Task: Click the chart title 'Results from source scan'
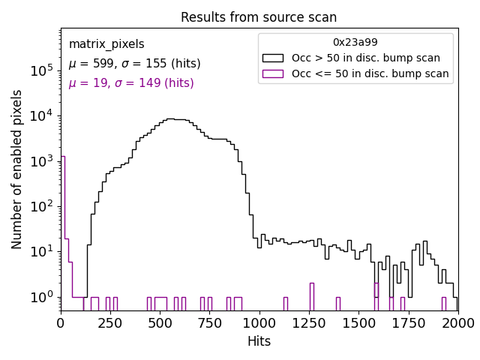tap(259, 17)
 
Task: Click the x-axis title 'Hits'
tap(259, 341)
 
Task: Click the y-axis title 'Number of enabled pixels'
tap(17, 169)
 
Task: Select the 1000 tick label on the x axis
tap(259, 322)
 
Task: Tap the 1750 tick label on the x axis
tap(408, 322)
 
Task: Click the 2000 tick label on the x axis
tap(457, 322)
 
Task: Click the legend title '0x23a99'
tap(355, 42)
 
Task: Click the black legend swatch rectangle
tap(273, 58)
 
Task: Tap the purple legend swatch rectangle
tap(273, 73)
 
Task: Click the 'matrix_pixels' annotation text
tap(106, 44)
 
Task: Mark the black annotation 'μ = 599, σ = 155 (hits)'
tap(134, 64)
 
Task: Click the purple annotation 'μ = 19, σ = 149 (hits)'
tap(131, 83)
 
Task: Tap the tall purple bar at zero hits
tap(62, 232)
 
